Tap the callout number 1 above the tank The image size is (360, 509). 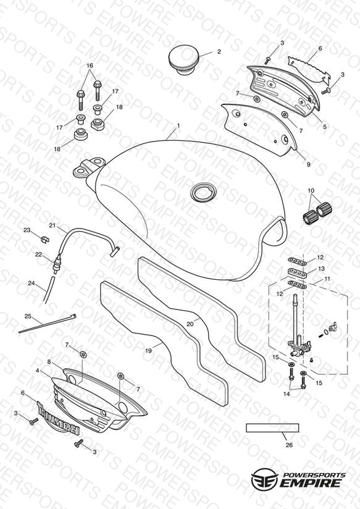pyautogui.click(x=178, y=125)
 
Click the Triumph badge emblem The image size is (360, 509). pyautogui.click(x=59, y=418)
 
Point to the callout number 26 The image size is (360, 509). pyautogui.click(x=289, y=445)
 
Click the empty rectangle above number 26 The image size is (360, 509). pyautogui.click(x=272, y=428)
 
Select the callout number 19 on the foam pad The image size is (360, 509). pyautogui.click(x=148, y=351)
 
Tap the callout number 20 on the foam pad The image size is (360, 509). pyautogui.click(x=190, y=324)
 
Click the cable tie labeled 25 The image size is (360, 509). pyautogui.click(x=48, y=323)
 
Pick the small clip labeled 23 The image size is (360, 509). pyautogui.click(x=46, y=239)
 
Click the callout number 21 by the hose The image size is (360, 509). pyautogui.click(x=52, y=225)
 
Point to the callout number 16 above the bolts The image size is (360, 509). pyautogui.click(x=90, y=66)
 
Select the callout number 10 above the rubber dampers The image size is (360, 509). pyautogui.click(x=311, y=190)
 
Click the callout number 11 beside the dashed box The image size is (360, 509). pyautogui.click(x=327, y=279)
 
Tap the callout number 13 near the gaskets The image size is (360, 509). pyautogui.click(x=321, y=269)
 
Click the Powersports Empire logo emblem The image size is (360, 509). pyautogui.click(x=265, y=478)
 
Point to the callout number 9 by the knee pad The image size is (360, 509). pyautogui.click(x=308, y=164)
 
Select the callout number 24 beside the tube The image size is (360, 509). pyautogui.click(x=31, y=283)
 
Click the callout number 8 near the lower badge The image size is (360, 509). pyautogui.click(x=49, y=361)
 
